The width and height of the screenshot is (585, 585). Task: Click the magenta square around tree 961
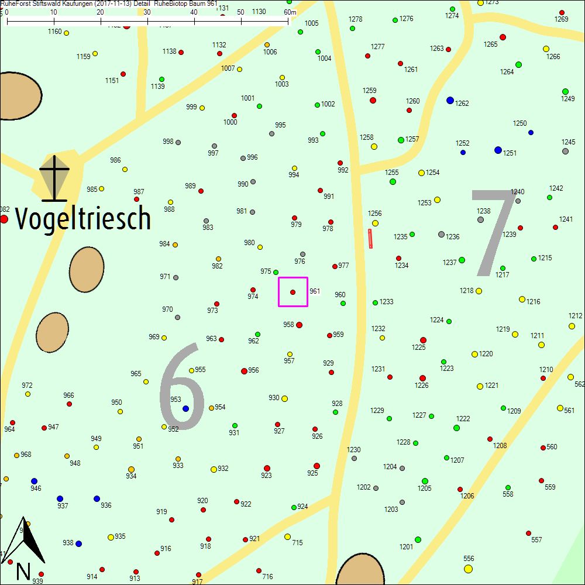(293, 292)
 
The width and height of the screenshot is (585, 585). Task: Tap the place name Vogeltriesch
(83, 219)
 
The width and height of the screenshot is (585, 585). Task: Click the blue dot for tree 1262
(450, 100)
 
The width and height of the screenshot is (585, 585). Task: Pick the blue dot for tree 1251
(498, 150)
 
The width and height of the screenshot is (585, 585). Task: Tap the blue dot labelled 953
(185, 408)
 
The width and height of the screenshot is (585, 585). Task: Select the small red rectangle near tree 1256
(370, 239)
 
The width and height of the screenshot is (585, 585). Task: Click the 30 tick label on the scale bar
(147, 12)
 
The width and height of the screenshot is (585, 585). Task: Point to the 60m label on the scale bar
(290, 12)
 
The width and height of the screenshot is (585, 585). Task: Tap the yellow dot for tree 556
(468, 569)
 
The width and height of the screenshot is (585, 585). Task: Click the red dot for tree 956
(244, 371)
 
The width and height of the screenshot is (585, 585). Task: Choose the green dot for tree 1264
(518, 64)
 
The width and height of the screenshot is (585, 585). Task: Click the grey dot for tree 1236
(441, 234)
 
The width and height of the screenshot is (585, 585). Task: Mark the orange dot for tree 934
(131, 469)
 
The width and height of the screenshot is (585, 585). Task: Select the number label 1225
(418, 347)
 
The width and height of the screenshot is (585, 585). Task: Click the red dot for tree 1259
(373, 100)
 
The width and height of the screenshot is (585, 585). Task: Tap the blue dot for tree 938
(78, 543)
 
